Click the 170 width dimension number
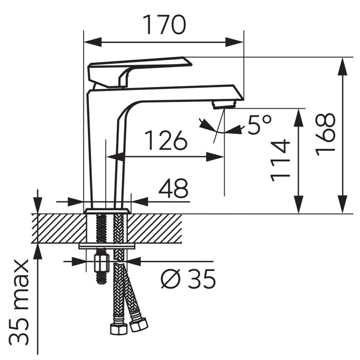point(164,25)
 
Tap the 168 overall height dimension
point(325,135)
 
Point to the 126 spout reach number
point(166,140)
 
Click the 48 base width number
point(174,188)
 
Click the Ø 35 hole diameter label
point(188,279)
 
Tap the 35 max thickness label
point(19,302)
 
